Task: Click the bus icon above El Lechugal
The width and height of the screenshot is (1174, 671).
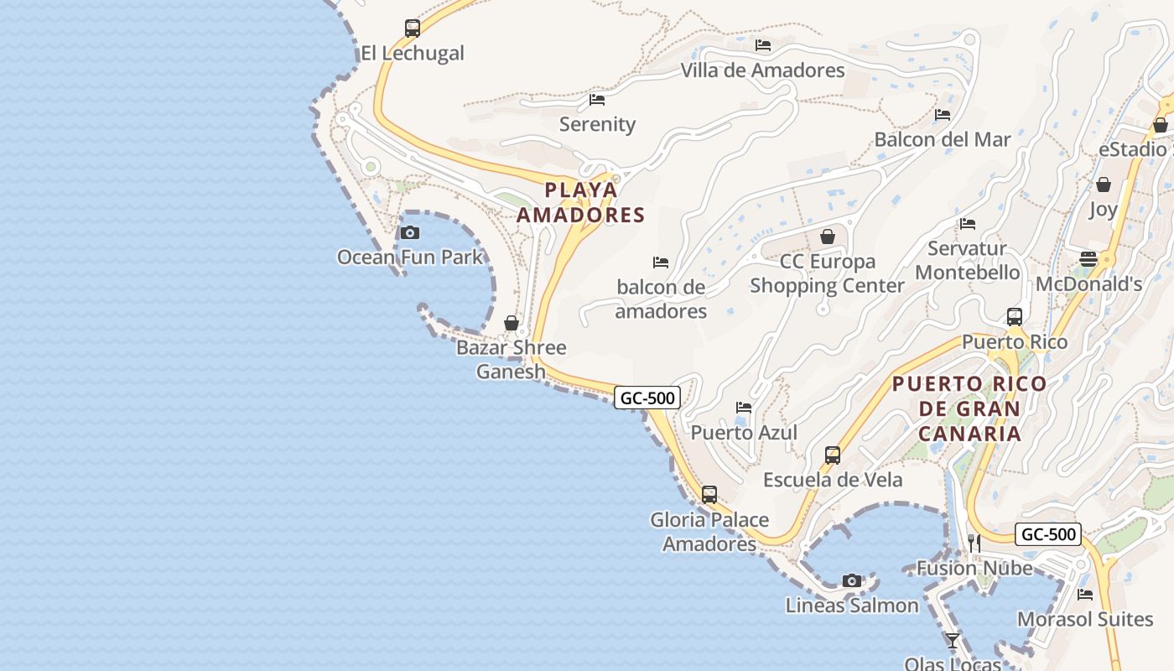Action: [412, 29]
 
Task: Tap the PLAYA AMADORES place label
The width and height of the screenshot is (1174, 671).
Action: [580, 202]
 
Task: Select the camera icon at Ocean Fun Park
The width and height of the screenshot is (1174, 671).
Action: [410, 232]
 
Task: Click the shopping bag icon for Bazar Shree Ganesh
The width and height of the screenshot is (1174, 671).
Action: [511, 323]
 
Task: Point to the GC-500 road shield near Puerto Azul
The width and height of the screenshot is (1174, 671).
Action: [647, 398]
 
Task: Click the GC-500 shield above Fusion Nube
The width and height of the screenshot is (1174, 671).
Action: [1047, 534]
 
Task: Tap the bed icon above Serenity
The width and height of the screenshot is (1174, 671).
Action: [597, 100]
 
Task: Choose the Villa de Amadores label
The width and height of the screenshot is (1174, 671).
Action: [762, 70]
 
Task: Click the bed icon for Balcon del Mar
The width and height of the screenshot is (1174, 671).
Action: [943, 115]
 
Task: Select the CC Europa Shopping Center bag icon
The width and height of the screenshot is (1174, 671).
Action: [828, 237]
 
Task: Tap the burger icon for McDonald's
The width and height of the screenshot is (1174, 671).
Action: [1088, 259]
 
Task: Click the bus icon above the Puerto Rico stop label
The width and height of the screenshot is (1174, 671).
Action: [1015, 317]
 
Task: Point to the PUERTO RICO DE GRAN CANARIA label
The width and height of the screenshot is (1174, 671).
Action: [969, 409]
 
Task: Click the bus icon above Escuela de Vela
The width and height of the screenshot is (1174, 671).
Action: [833, 455]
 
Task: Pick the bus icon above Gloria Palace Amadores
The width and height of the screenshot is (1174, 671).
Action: [709, 495]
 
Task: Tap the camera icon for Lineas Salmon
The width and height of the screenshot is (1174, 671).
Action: [852, 580]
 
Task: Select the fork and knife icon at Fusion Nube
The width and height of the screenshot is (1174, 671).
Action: [974, 544]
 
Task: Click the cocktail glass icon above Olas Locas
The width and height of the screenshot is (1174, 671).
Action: [952, 641]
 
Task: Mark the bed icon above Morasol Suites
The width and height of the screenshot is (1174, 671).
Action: [1085, 595]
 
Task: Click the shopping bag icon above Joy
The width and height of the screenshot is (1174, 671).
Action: [1104, 185]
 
